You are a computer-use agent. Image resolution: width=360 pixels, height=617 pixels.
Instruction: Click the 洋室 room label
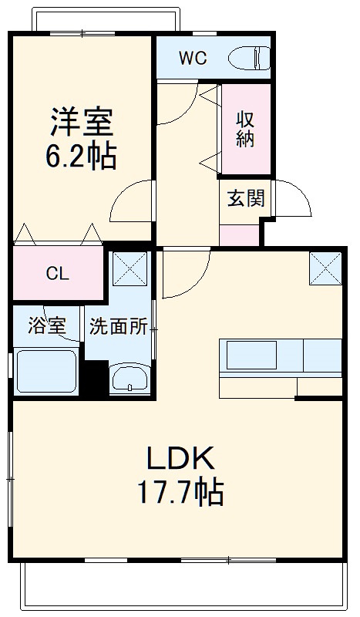82,123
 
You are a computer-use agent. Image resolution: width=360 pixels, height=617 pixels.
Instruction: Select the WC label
192,59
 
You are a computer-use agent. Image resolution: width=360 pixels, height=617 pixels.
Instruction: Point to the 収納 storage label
246,129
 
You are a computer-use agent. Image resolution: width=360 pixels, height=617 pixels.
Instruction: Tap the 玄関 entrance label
245,198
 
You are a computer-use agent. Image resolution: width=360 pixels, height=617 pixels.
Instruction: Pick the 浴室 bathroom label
46,326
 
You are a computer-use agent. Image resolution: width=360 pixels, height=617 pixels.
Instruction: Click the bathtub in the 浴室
46,372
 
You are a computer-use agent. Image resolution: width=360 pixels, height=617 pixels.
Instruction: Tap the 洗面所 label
118,326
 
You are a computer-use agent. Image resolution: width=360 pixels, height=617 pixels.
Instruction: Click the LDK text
180,460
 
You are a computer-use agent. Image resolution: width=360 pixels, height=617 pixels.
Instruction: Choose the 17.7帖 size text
180,491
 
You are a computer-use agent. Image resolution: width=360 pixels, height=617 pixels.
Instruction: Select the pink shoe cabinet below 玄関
239,234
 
